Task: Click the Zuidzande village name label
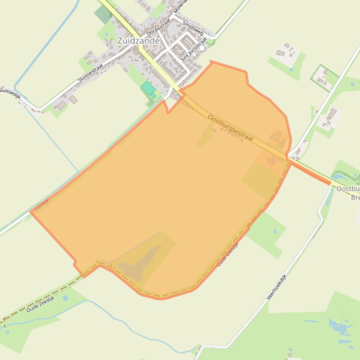[139, 41]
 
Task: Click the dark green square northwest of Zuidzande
[102, 14]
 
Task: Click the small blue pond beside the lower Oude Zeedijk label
[65, 297]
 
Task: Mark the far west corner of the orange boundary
[31, 212]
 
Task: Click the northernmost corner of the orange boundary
[211, 61]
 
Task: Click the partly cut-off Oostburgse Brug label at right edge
[348, 193]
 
